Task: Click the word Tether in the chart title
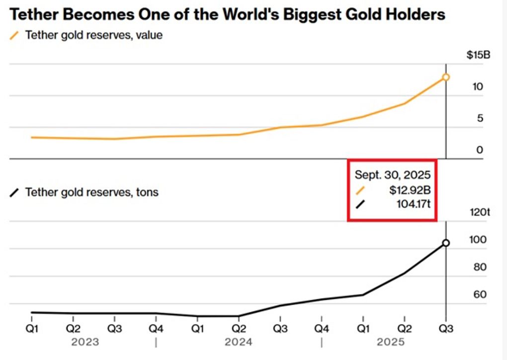tap(33, 14)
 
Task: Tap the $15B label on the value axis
tap(478, 55)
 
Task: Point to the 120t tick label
tap(480, 213)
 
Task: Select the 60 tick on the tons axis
tap(480, 295)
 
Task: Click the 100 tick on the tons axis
tap(478, 240)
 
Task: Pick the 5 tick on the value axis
tap(480, 119)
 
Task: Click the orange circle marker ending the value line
tap(446, 77)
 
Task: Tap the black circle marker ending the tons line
tap(446, 243)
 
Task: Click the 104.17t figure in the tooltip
tap(411, 204)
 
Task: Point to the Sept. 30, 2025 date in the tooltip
tap(392, 175)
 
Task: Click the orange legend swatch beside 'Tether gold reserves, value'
tap(15, 36)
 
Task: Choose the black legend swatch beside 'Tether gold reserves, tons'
tap(15, 192)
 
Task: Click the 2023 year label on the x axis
tap(85, 342)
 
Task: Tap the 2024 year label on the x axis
tap(238, 342)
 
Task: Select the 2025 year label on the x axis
tap(391, 342)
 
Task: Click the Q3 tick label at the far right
tap(445, 329)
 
